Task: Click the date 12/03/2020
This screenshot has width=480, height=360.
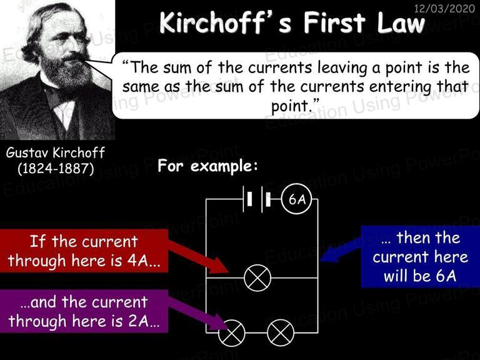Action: tap(444, 8)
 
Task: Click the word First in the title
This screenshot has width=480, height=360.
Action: tap(334, 23)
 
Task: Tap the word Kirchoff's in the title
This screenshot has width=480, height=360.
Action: tap(225, 23)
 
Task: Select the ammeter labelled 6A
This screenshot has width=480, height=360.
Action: tap(296, 199)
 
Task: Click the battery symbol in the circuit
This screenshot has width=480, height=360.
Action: tap(257, 199)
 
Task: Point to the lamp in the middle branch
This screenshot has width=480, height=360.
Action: tap(257, 278)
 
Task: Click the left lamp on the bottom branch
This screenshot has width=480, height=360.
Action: tap(232, 333)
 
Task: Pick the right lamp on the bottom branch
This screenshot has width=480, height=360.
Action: tap(281, 333)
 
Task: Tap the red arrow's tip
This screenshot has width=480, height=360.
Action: tap(228, 272)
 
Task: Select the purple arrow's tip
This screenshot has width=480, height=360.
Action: tap(228, 329)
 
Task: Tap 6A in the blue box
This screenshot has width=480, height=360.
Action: tap(446, 276)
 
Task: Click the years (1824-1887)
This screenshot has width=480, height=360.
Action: tap(56, 168)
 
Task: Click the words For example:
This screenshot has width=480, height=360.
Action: tap(208, 166)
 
